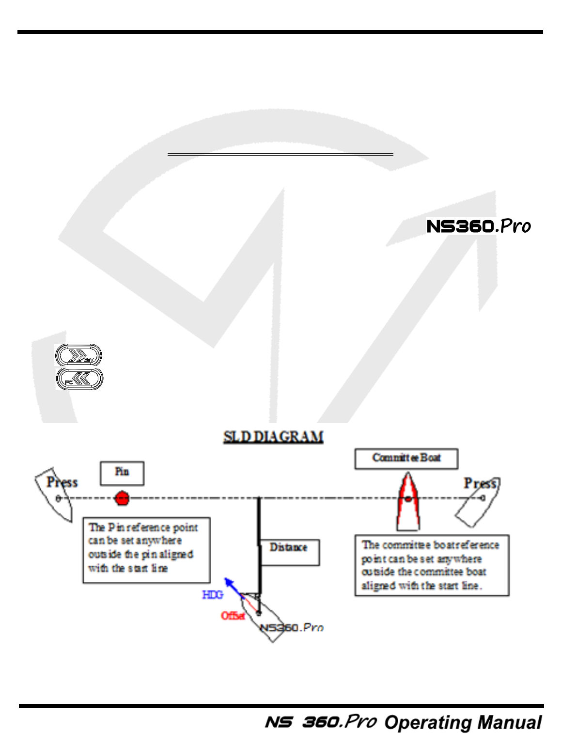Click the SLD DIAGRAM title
pos(273,437)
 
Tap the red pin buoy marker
pos(122,498)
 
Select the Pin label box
pos(122,473)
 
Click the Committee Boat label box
pos(406,459)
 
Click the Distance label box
pos(289,552)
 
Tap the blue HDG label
pos(212,594)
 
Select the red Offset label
pos(233,616)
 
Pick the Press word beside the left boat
pos(62,482)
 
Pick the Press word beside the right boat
pos(480,483)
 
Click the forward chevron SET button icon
pos(78,356)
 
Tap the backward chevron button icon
pos(79,379)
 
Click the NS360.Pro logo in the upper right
pos(478,226)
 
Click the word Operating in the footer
pos(421,722)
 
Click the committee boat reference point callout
pos(431,565)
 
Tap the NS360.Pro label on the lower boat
pos(292,627)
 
